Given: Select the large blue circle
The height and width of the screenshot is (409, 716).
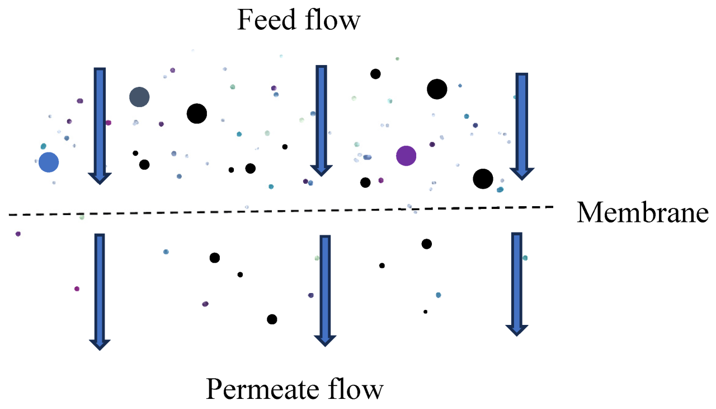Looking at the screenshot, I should point(49,162).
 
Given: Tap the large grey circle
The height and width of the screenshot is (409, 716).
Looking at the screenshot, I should point(139,97).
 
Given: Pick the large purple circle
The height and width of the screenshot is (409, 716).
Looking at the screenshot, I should point(406,156).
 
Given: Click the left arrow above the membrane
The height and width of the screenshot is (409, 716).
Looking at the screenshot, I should point(99,125).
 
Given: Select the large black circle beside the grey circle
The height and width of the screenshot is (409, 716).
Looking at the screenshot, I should point(197,114).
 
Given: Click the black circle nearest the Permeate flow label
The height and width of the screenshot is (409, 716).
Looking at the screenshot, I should point(272,319).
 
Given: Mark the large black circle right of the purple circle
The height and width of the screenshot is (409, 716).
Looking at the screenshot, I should point(483,179).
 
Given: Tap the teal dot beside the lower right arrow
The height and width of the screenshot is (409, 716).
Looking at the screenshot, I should point(525,258).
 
